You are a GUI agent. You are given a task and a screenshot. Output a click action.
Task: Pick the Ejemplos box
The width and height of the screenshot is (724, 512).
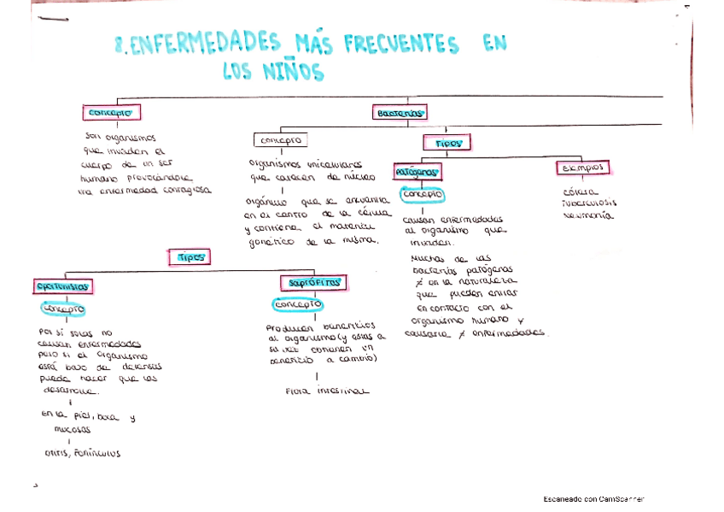582,167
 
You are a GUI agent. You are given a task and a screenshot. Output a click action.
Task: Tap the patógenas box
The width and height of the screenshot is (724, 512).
417,173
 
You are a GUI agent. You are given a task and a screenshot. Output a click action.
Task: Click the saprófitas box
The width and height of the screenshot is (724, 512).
312,282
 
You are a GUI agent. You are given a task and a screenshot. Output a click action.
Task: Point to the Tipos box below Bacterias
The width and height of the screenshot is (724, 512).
448,143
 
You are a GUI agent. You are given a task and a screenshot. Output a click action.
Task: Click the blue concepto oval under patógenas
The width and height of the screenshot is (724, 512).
423,195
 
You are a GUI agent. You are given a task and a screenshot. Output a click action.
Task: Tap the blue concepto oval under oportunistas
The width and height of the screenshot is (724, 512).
65,309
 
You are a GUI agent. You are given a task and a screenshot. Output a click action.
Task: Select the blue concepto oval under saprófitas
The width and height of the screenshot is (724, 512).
298,304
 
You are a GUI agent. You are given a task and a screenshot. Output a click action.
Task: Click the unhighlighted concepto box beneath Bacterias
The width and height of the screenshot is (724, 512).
281,139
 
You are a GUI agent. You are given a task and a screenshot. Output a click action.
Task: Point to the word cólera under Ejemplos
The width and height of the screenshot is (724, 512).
581,191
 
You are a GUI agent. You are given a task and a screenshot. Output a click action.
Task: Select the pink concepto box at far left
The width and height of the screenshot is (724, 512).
111,113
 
